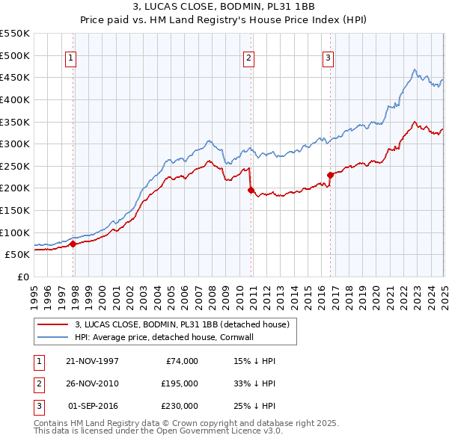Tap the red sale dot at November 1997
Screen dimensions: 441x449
click(73, 244)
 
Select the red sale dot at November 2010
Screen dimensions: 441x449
click(251, 190)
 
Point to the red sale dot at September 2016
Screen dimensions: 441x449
click(330, 175)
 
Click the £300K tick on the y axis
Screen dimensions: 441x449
click(16, 144)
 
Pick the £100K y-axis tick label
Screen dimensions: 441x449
click(16, 232)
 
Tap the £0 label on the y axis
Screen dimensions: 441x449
click(22, 277)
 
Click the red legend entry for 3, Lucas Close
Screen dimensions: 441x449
click(186, 324)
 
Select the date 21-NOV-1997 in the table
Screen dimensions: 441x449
click(92, 361)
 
